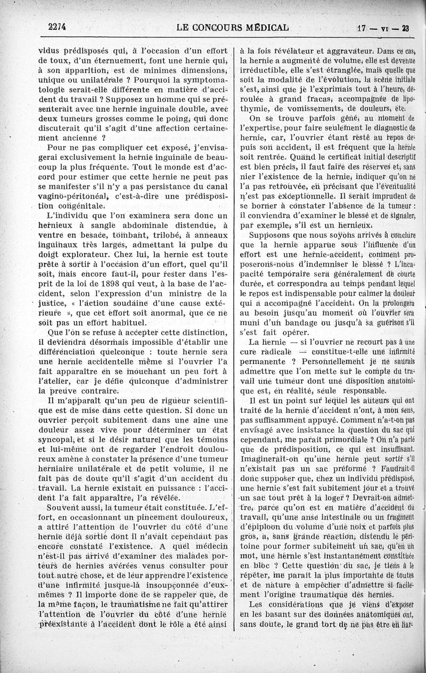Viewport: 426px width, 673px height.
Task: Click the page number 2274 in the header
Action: pyautogui.click(x=60, y=28)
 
